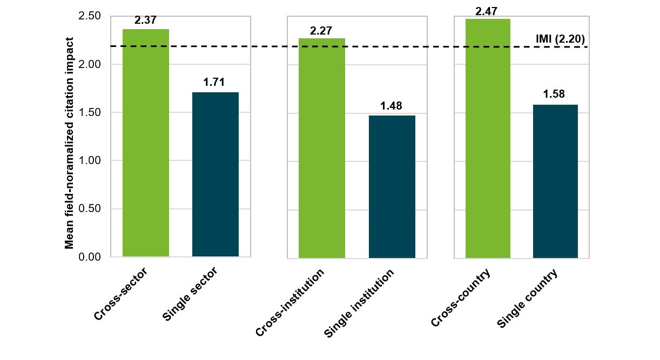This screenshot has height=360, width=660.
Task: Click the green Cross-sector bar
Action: coord(146,143)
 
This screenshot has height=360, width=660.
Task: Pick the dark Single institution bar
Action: coord(392,186)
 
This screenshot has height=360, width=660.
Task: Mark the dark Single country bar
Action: coord(555,181)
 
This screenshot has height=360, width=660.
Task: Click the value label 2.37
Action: coord(145,21)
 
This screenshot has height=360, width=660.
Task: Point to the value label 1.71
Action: coord(214,83)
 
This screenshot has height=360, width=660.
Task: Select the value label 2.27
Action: coord(322,30)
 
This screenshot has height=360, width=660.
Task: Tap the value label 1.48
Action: coord(392,106)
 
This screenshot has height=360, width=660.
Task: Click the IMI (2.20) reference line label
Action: coord(560,39)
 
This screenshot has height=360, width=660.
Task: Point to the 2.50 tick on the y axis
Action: coord(90,16)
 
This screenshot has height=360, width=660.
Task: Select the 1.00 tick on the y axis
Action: coord(90,161)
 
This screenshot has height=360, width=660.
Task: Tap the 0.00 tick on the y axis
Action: coord(90,257)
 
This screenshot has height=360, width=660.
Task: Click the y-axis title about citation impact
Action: coord(69,144)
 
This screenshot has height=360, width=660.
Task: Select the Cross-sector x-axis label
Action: coord(120,294)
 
